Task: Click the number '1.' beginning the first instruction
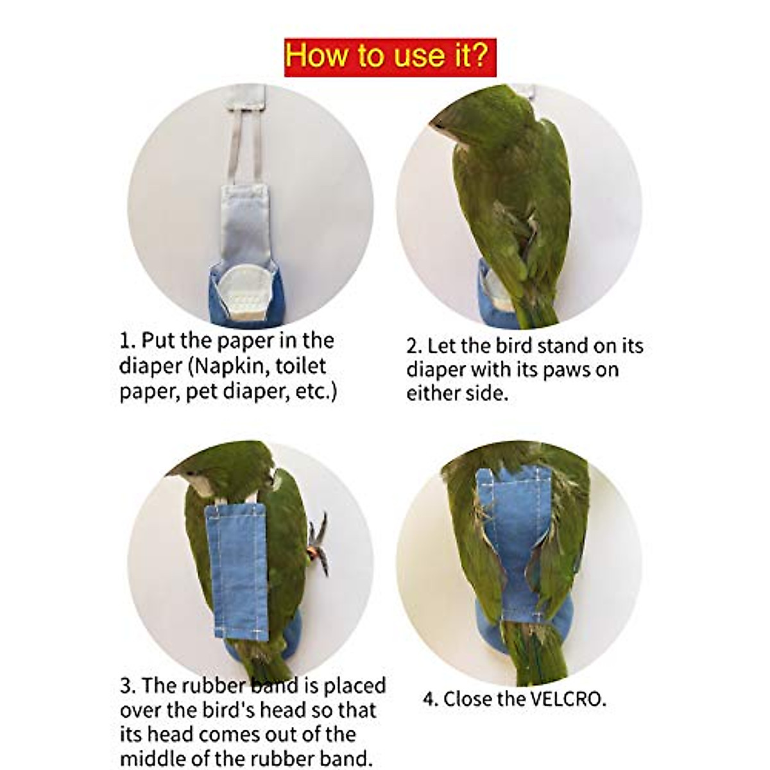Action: click(x=127, y=341)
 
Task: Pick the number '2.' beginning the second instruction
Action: click(x=414, y=346)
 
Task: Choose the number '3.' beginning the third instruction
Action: click(x=127, y=685)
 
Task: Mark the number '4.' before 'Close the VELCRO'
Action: click(x=431, y=699)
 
